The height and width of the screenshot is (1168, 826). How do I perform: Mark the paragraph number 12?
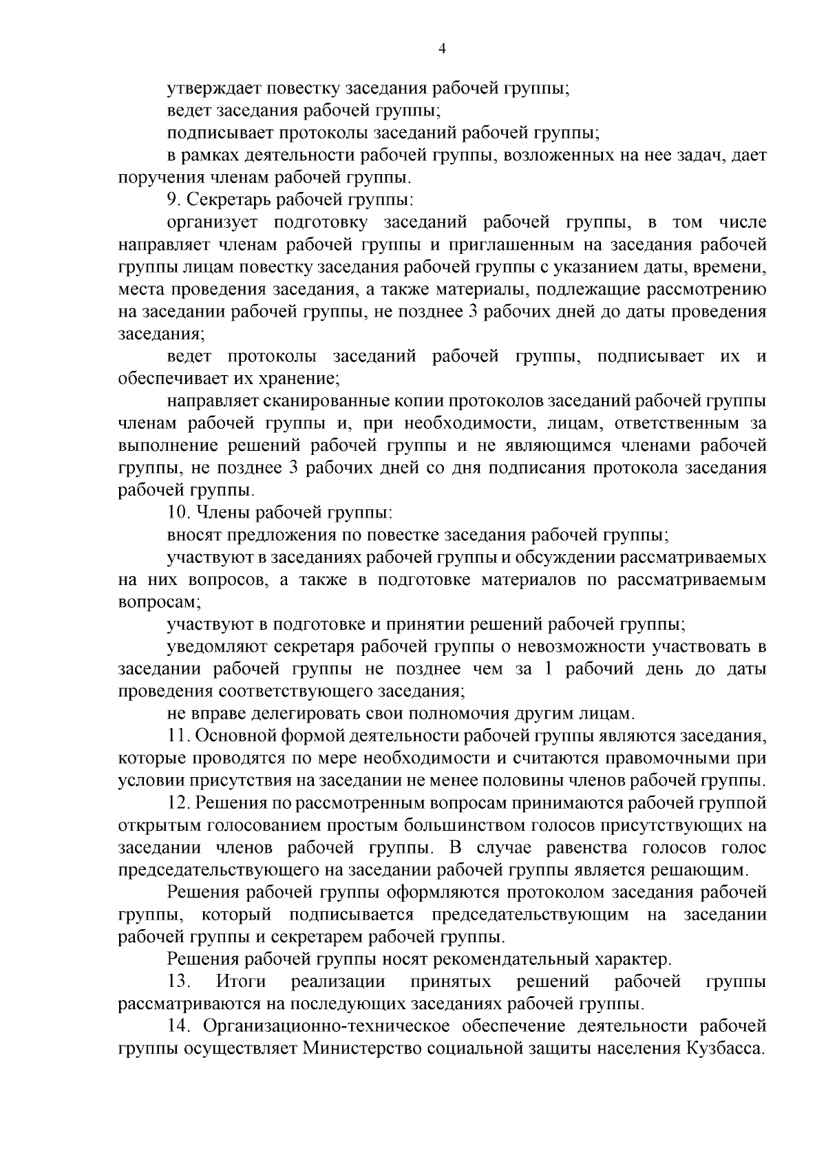click(178, 803)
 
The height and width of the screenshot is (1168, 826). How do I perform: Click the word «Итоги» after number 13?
click(240, 981)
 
